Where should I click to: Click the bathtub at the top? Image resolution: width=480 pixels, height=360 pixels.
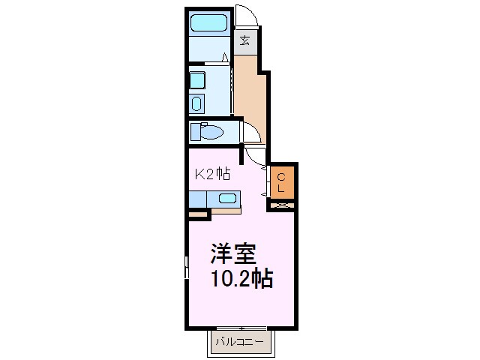pos(208,22)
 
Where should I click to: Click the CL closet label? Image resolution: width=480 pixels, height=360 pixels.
pos(280,182)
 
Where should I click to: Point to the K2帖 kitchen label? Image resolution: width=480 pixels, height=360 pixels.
pos(212,174)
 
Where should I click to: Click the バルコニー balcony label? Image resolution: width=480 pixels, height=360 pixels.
pos(239,342)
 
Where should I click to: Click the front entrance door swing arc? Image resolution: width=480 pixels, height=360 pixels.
pos(245,16)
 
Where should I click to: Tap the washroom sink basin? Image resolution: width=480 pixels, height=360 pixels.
pos(197,80)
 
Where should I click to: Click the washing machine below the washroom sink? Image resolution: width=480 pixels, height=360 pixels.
pos(197,103)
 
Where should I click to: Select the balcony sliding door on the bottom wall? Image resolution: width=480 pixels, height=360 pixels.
pos(241,328)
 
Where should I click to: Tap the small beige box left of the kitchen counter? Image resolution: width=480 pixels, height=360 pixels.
pos(197,215)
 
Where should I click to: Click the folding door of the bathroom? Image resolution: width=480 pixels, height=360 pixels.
pos(226,58)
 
